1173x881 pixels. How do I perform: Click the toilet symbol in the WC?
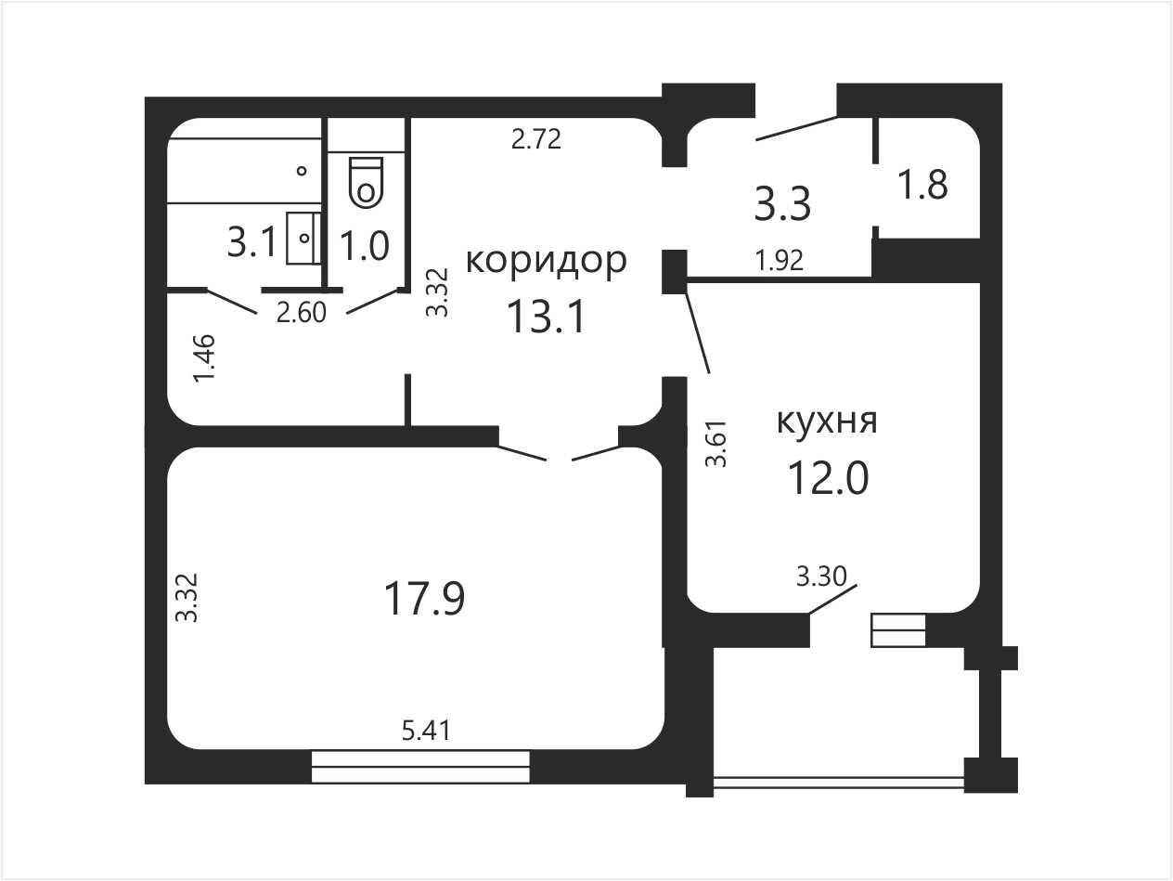366,181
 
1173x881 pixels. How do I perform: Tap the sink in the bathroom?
303,238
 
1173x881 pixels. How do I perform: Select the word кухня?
827,421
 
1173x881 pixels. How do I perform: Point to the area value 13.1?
547,317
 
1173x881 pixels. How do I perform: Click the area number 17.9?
425,599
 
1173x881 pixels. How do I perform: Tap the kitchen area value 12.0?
829,478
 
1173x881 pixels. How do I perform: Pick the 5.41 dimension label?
426,731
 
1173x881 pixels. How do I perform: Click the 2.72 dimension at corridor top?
536,139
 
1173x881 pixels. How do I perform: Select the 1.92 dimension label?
780,261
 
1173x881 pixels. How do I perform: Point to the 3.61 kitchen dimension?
716,445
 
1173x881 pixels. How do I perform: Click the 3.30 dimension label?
821,577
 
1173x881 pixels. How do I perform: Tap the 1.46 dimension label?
205,358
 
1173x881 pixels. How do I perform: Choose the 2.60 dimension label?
301,313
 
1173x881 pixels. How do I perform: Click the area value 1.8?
923,185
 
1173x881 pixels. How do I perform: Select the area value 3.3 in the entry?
782,203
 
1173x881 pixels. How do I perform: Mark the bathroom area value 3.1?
252,242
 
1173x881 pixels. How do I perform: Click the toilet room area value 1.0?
365,246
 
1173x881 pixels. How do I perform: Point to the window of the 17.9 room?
420,767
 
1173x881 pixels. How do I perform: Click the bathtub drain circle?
302,171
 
